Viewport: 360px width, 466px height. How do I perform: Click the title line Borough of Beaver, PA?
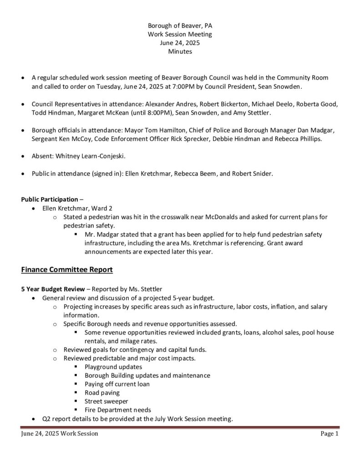180,25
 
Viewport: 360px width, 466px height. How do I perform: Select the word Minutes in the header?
180,51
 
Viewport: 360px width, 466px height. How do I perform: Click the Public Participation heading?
50,199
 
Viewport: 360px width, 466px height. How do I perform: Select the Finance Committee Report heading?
67,270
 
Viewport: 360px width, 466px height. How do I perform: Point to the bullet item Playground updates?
113,367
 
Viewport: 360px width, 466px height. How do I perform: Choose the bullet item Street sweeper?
106,401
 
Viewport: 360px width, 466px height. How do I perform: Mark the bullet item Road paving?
102,393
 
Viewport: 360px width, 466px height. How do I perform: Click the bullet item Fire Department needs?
118,410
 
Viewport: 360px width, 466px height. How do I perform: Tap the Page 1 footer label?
330,434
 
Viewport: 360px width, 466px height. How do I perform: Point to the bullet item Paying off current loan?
117,384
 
